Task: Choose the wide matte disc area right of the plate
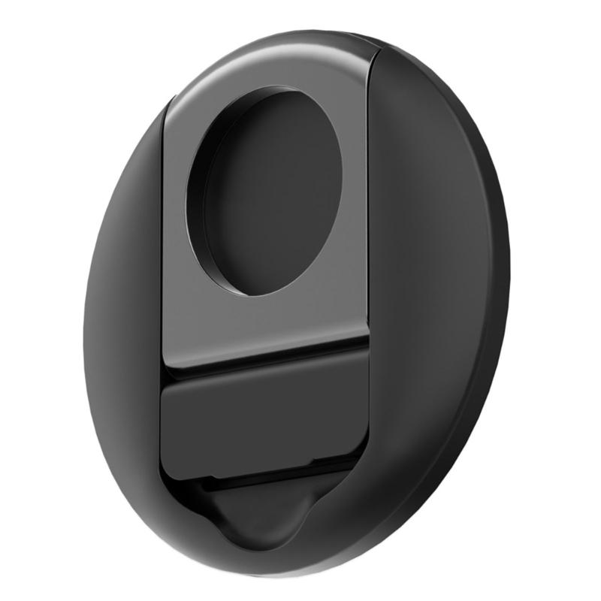[x=436, y=300]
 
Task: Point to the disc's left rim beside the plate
[x=120, y=300]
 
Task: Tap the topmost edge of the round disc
[x=300, y=32]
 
